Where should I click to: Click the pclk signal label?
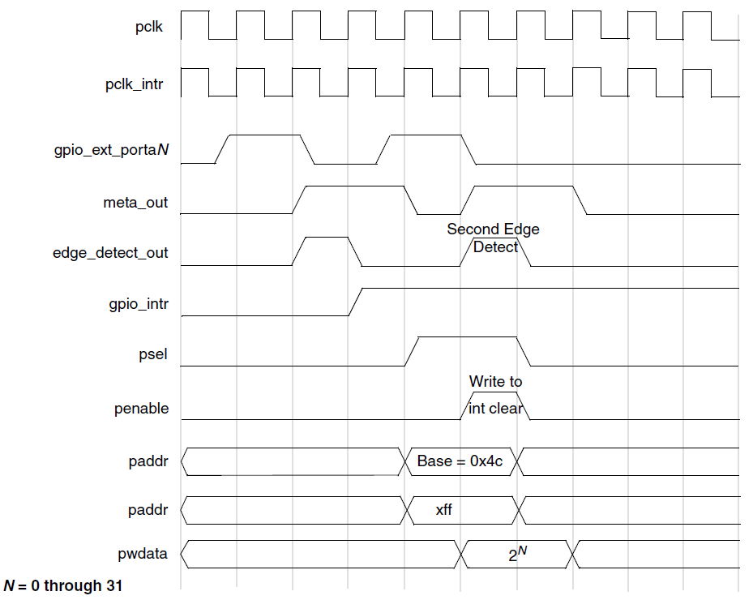pyautogui.click(x=149, y=28)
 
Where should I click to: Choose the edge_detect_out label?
pyautogui.click(x=111, y=253)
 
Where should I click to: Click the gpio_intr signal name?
pyautogui.click(x=139, y=304)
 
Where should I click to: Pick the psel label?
pyautogui.click(x=155, y=354)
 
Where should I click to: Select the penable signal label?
pyautogui.click(x=142, y=409)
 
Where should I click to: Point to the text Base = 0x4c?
pyautogui.click(x=460, y=461)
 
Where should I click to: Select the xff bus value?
pyautogui.click(x=444, y=511)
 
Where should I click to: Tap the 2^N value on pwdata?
pyautogui.click(x=517, y=555)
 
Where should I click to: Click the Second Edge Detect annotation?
pyautogui.click(x=494, y=238)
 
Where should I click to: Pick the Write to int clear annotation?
pyautogui.click(x=495, y=395)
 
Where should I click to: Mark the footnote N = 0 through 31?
pyautogui.click(x=63, y=585)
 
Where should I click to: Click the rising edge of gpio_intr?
pyautogui.click(x=356, y=302)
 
